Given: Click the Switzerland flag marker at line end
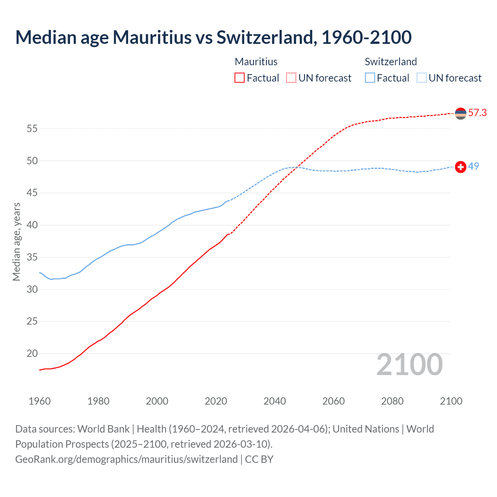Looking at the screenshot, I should (x=461, y=167).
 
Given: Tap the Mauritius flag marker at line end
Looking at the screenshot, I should (x=461, y=113).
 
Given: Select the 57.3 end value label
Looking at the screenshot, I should (x=477, y=113).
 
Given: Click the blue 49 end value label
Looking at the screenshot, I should (x=473, y=166).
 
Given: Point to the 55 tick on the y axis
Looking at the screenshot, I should (x=32, y=129).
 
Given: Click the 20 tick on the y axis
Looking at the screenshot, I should (x=32, y=354).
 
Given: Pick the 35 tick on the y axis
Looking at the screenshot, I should (x=32, y=257).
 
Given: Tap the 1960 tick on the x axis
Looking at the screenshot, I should (x=40, y=401).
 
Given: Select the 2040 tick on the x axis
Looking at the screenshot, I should (x=275, y=401).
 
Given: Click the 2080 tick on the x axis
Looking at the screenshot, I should (x=392, y=401).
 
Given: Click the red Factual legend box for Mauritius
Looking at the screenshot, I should (x=240, y=78).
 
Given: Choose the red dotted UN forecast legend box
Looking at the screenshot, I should (x=291, y=78).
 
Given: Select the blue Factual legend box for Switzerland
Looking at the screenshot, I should (x=370, y=78).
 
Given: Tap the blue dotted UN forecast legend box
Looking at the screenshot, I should (x=421, y=78).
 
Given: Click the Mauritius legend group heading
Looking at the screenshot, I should (x=256, y=62).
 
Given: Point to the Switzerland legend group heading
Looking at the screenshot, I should (x=391, y=62).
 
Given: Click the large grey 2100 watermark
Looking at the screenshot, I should (x=409, y=365).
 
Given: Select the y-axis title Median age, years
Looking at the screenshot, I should (x=16, y=242).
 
